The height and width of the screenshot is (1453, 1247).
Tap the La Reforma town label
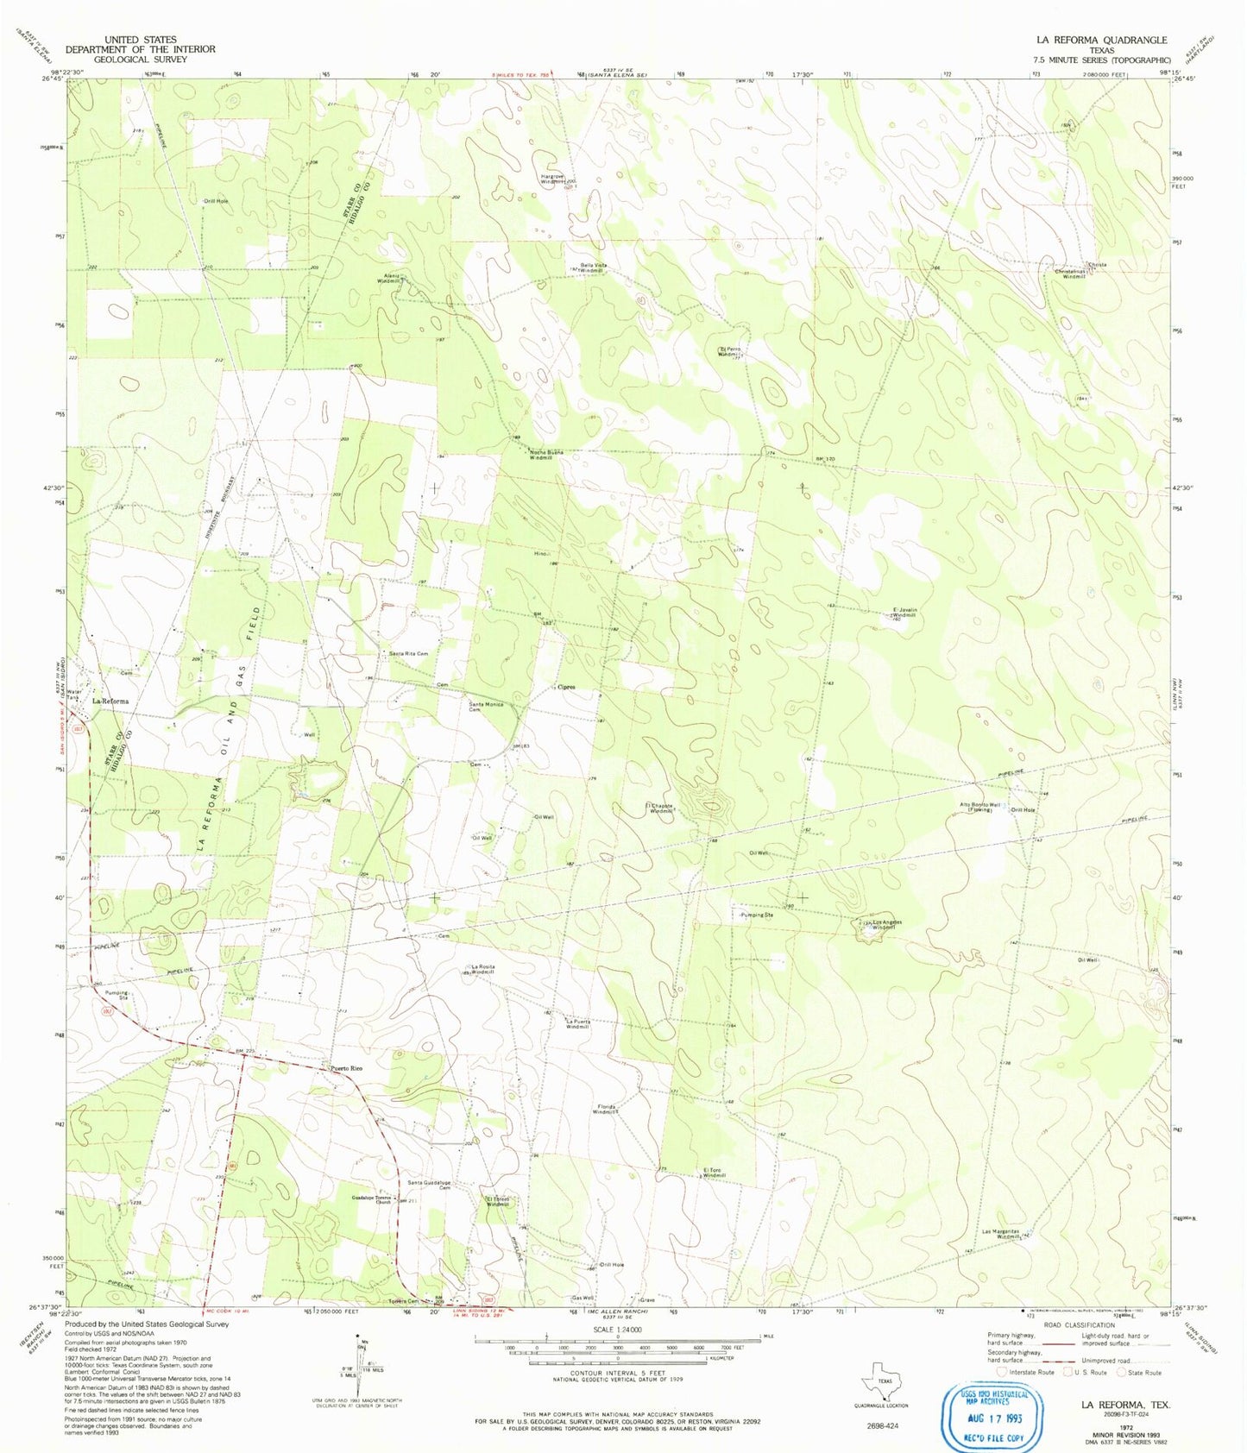click(110, 701)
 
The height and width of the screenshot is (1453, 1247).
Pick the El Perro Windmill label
click(729, 351)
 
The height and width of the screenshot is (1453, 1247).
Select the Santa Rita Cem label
click(408, 654)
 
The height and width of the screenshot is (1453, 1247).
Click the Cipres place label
click(566, 687)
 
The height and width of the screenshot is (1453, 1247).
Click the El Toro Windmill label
click(714, 1173)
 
